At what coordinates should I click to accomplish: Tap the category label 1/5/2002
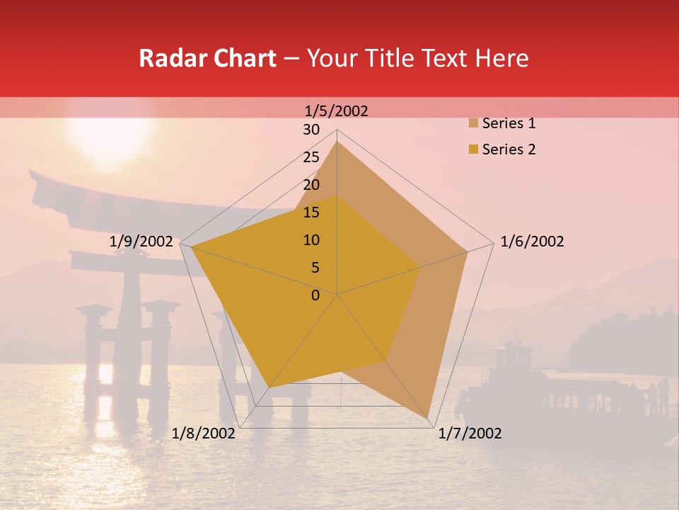[337, 110]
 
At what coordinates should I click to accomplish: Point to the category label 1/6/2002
[532, 242]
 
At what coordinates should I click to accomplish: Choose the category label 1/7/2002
[470, 433]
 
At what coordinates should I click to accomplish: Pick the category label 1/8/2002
[204, 433]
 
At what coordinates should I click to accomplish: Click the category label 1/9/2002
[141, 242]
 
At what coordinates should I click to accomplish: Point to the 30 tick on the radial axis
[311, 130]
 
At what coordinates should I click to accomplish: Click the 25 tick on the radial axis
[311, 157]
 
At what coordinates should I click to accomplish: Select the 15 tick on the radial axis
[311, 212]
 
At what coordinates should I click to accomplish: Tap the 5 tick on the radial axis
[315, 268]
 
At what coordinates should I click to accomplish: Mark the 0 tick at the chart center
[315, 295]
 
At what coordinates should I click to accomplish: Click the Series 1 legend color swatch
[472, 124]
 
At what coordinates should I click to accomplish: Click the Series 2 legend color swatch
[472, 149]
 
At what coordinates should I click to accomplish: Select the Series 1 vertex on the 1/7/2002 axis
[429, 417]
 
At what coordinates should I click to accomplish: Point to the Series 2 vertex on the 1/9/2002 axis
[191, 247]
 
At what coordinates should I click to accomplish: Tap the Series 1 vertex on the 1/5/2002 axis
[337, 142]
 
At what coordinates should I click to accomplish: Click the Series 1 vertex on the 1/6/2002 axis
[467, 251]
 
